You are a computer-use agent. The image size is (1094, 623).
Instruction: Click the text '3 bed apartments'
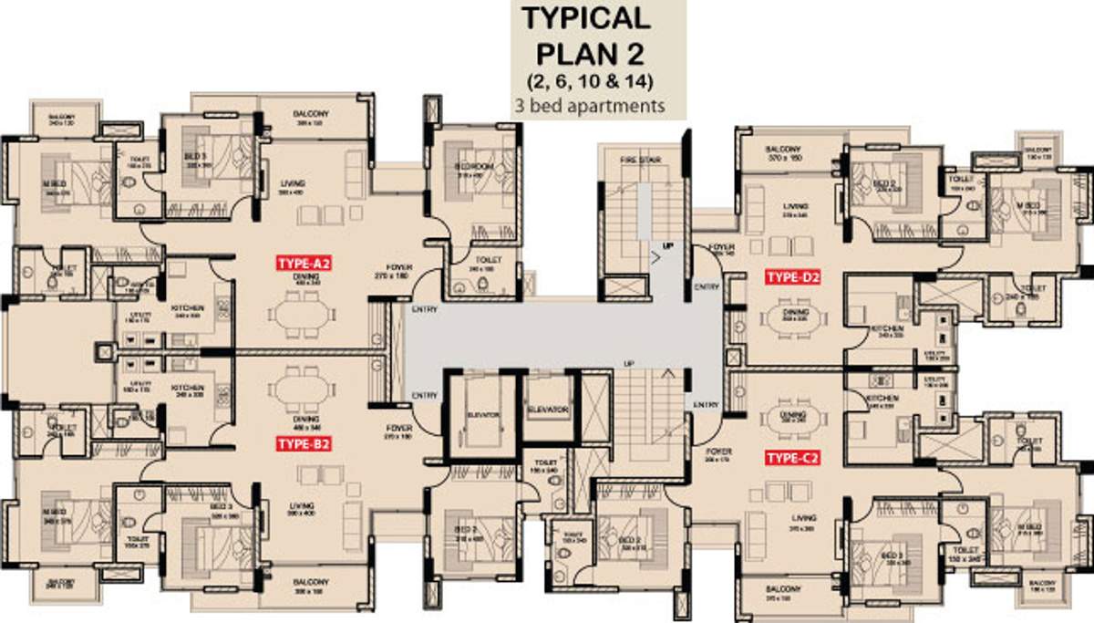tap(596, 105)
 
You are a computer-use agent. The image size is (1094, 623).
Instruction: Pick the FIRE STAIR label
tap(639, 160)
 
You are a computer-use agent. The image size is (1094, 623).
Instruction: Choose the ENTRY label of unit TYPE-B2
tap(424, 395)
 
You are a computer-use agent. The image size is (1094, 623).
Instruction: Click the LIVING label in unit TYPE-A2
tap(293, 183)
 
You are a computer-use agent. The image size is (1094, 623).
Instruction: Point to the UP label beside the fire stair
tap(667, 246)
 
